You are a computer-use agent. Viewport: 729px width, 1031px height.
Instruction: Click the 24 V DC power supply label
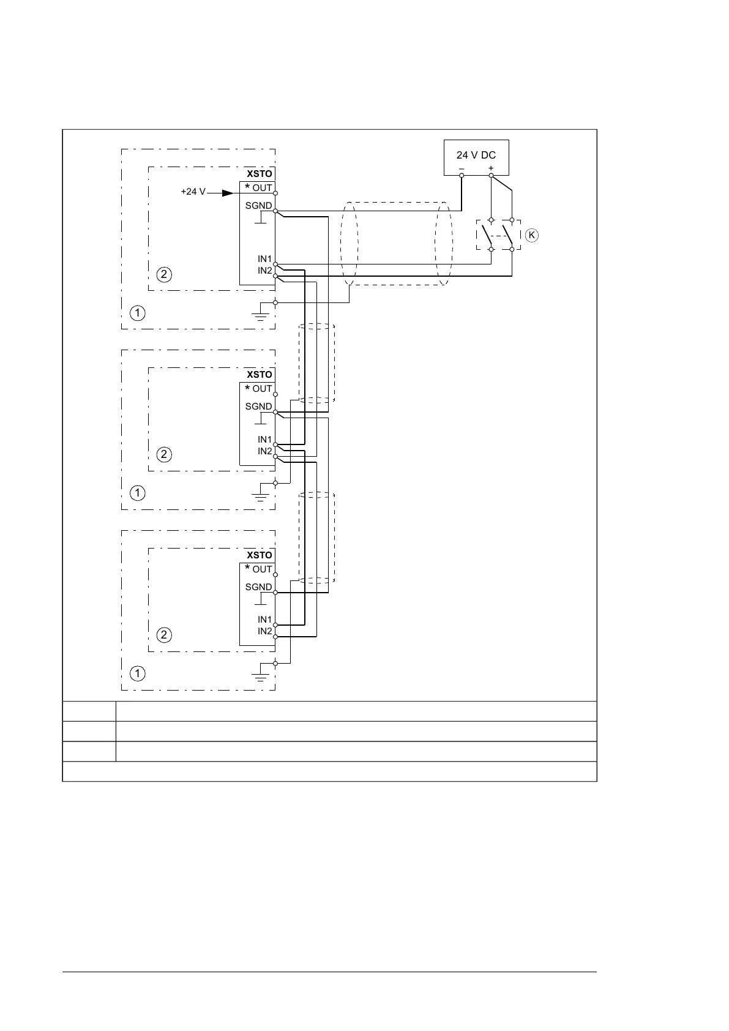point(476,156)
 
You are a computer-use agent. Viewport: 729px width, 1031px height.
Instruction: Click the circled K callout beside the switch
point(531,235)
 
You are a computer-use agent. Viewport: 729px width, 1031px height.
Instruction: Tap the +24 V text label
point(193,192)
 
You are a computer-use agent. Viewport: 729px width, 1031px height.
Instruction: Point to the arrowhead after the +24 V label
point(228,192)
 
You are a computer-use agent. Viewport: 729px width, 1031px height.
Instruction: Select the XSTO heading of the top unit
point(259,174)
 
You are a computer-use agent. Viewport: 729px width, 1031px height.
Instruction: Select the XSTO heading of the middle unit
point(259,375)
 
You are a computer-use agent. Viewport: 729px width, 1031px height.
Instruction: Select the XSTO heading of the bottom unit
point(259,555)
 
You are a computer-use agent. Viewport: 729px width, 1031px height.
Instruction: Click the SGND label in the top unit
point(258,206)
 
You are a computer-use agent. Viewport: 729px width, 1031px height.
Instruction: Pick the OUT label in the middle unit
point(262,389)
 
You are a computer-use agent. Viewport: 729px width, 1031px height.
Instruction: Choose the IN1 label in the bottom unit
point(264,620)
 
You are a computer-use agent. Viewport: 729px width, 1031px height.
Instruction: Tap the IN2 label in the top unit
point(264,271)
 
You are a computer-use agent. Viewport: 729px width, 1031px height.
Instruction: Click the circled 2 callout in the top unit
point(164,274)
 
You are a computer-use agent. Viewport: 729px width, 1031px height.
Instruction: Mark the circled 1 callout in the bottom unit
point(138,673)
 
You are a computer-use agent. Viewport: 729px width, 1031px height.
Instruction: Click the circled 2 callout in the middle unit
point(164,455)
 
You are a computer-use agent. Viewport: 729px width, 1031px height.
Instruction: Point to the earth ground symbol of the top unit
point(261,316)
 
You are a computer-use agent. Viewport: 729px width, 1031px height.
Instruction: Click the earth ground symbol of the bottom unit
point(261,677)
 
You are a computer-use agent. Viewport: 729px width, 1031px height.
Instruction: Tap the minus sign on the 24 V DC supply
point(462,168)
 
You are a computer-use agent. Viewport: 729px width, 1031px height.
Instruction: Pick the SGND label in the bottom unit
point(258,587)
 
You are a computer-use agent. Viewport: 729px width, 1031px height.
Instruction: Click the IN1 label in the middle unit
point(264,440)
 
